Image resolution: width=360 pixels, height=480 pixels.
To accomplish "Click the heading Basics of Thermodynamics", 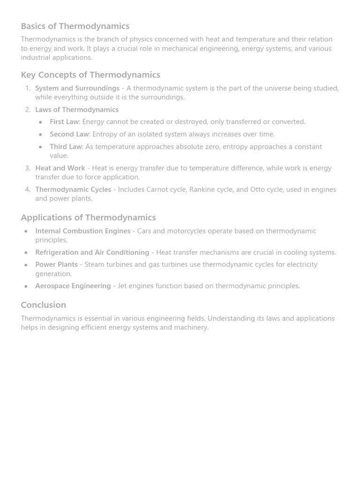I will [x=75, y=26].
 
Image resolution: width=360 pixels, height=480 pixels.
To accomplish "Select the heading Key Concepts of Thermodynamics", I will [x=90, y=75].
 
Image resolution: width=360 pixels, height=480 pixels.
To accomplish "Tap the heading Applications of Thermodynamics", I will [x=88, y=217].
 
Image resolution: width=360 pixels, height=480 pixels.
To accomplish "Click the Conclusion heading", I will [x=43, y=305].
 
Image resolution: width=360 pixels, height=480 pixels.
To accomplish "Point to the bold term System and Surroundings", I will [x=77, y=88].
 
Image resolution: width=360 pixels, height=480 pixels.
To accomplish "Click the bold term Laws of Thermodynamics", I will [x=77, y=110].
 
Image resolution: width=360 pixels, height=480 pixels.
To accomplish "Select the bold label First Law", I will [x=64, y=122].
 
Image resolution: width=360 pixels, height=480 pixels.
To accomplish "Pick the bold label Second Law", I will [x=69, y=134].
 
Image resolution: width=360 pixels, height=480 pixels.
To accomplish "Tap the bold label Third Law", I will [x=66, y=147].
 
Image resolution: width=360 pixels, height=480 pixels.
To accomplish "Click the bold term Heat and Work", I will [x=60, y=168].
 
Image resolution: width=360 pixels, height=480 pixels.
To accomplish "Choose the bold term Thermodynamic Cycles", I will [x=73, y=189].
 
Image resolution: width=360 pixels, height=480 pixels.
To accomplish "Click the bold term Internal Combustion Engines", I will [x=82, y=231].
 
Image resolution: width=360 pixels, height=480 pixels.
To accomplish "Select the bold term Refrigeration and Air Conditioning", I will [x=92, y=253].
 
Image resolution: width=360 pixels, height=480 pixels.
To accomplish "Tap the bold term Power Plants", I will [x=56, y=265].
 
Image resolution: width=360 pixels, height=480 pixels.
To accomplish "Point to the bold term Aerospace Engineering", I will [x=73, y=286].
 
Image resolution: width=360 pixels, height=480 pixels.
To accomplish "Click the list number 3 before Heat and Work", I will [x=28, y=168].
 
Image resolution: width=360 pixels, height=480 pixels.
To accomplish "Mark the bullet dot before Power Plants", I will [x=26, y=265].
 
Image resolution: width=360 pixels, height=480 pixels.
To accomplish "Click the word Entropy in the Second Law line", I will [x=105, y=134].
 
